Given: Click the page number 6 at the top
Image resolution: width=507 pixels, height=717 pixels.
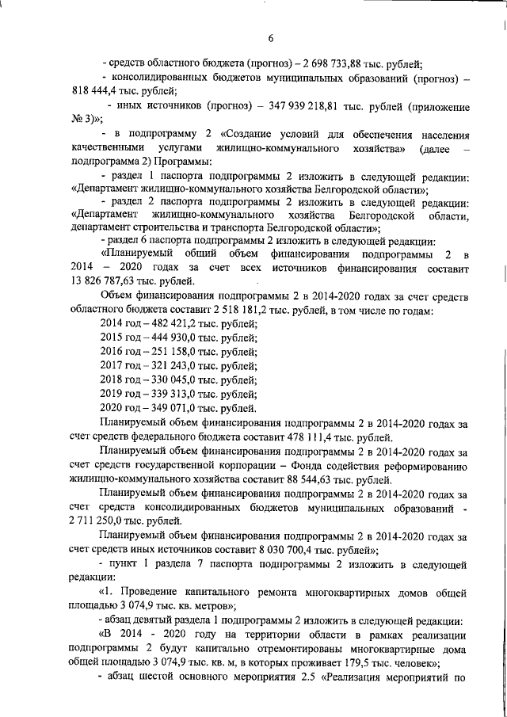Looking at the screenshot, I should (x=270, y=39).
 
